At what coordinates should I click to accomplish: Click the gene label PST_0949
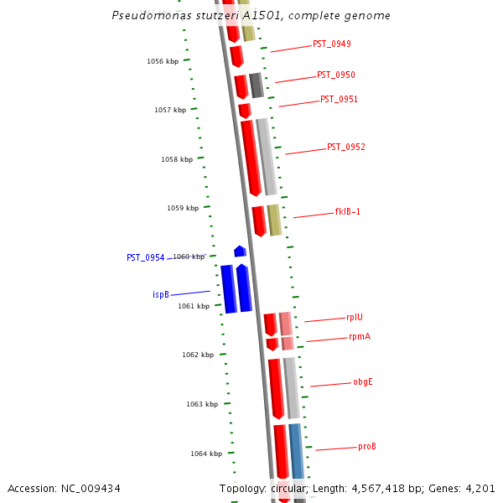331,44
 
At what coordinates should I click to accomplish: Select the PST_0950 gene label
335,75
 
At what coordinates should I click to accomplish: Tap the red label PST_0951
339,99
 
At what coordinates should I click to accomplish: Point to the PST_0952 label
345,147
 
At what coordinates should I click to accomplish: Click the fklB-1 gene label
347,211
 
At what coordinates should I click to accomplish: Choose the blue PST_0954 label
146,257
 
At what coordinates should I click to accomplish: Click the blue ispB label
161,294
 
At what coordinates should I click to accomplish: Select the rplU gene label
355,317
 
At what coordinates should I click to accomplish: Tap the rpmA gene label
360,336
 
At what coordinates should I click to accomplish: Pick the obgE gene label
362,381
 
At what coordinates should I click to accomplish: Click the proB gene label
367,446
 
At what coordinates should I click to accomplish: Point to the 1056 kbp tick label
163,61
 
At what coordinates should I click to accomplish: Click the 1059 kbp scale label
183,208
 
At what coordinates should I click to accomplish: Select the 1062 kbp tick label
198,355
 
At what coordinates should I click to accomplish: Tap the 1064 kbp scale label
206,454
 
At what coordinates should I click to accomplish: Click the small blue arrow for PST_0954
240,251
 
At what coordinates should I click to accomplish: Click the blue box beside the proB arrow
296,450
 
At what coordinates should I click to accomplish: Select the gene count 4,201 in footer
480,488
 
